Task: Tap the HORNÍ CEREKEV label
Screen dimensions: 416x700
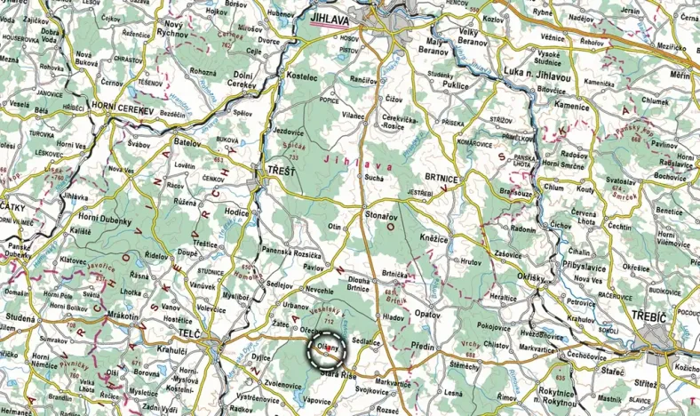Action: (123, 106)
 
